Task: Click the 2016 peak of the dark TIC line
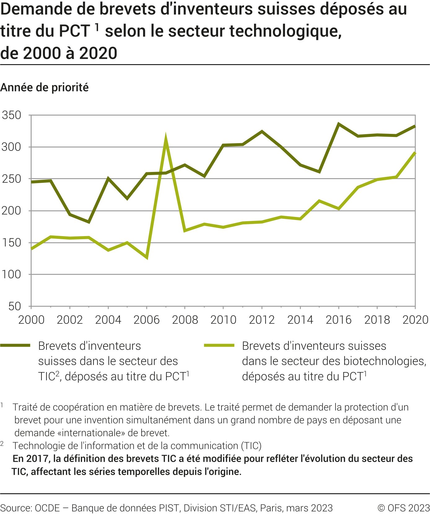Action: click(339, 124)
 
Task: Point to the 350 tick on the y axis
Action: click(11, 115)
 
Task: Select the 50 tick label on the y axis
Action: click(15, 306)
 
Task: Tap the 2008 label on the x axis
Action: click(185, 320)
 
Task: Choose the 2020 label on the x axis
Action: click(415, 320)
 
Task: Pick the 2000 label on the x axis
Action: click(31, 320)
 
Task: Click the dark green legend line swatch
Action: click(15, 345)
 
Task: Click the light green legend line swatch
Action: click(219, 345)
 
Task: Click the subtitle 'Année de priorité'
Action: click(44, 88)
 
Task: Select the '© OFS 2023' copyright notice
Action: click(404, 508)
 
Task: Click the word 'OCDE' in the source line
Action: click(47, 508)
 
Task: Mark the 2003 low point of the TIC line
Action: click(89, 222)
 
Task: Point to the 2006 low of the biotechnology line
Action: click(147, 257)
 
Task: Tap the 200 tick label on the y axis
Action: click(11, 211)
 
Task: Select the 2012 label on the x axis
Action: click(262, 320)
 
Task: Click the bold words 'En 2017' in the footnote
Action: click(31, 459)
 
